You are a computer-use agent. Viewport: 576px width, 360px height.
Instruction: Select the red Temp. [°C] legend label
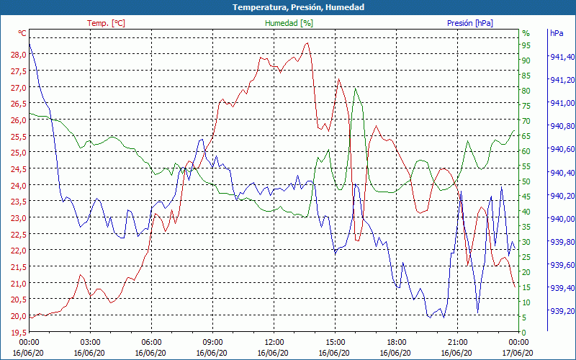click(x=106, y=23)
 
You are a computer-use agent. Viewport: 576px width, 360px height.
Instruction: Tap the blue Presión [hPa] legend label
click(x=470, y=23)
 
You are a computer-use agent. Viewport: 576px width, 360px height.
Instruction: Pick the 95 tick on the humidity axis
click(x=526, y=45)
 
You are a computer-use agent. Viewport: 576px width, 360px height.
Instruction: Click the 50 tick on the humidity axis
click(x=526, y=181)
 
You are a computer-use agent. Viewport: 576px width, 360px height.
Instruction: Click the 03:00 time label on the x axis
click(x=90, y=342)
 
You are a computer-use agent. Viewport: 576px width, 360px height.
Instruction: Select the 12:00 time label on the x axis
click(x=274, y=342)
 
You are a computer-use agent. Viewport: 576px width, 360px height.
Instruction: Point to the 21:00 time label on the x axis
click(x=458, y=342)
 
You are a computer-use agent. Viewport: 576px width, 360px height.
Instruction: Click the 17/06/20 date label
click(x=518, y=352)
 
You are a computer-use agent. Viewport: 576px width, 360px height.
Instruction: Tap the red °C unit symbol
click(x=22, y=33)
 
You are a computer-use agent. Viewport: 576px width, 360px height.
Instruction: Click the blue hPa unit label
click(x=557, y=33)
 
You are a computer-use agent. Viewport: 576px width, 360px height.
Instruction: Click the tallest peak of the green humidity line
click(x=356, y=89)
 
